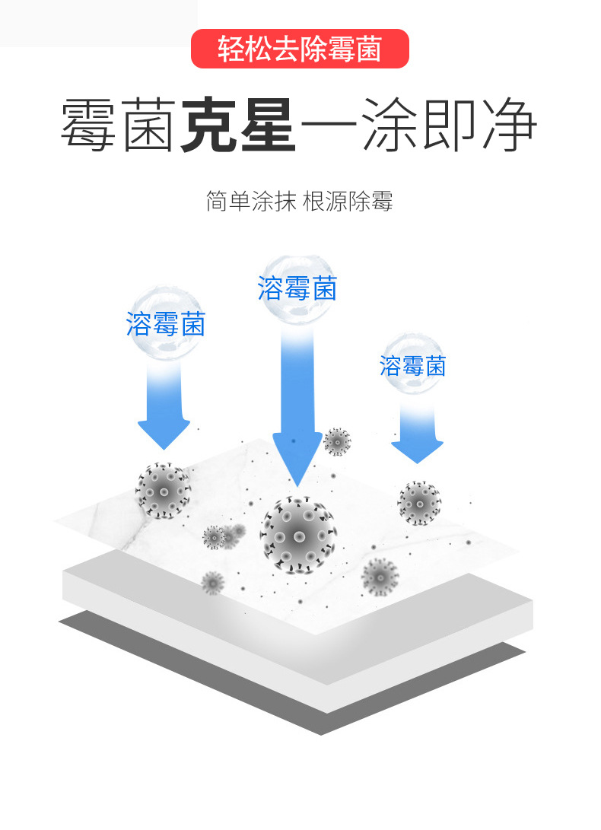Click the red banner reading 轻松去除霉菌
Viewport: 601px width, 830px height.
point(300,49)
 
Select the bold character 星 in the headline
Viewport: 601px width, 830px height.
point(267,125)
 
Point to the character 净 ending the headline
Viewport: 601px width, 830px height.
point(507,125)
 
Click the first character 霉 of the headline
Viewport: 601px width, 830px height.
point(89,125)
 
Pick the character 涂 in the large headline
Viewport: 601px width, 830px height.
point(388,125)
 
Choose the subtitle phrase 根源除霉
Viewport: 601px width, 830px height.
point(348,202)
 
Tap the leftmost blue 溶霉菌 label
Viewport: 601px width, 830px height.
point(166,325)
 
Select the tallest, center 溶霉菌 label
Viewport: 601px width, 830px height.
point(297,288)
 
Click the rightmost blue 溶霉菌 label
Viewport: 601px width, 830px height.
point(412,366)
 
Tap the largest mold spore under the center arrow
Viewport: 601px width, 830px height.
point(299,534)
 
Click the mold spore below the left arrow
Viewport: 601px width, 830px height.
point(163,491)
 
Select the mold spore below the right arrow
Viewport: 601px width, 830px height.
point(419,502)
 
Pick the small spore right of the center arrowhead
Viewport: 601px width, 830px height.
point(337,441)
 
